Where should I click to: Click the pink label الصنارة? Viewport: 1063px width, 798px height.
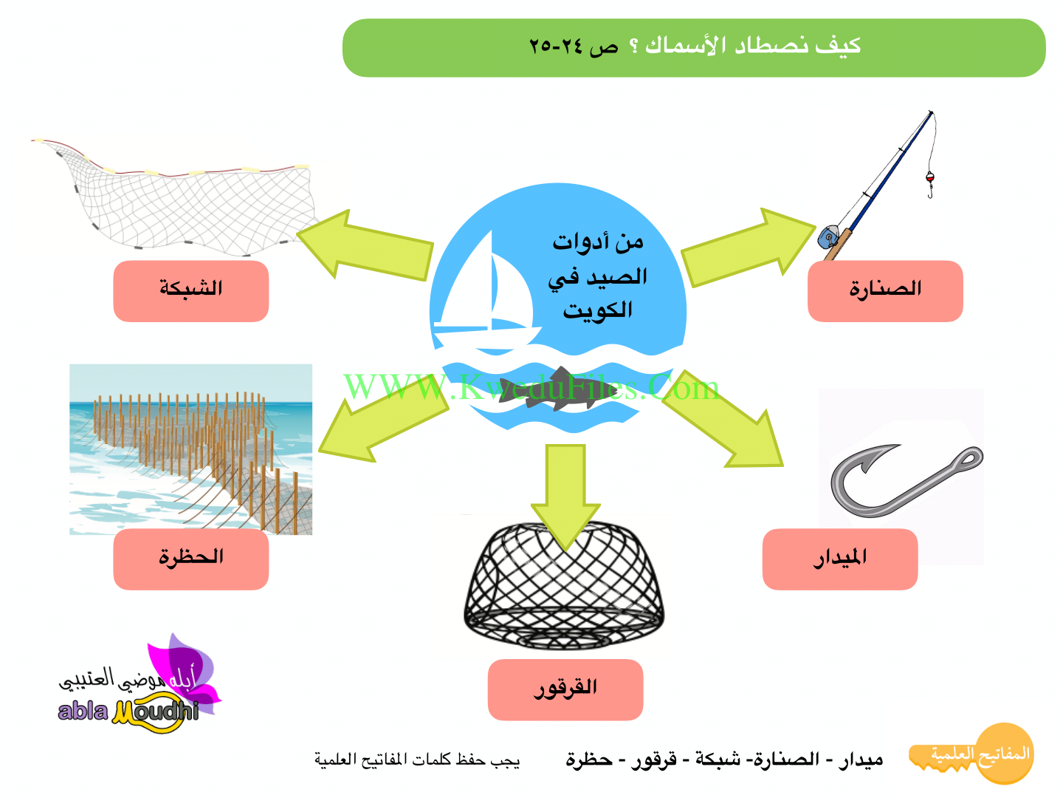point(885,291)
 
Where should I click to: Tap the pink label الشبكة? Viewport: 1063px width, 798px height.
point(190,291)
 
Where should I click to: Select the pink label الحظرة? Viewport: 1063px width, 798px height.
point(190,559)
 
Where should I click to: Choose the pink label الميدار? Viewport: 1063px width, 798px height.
point(840,559)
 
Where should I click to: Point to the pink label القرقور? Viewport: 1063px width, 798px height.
point(565,689)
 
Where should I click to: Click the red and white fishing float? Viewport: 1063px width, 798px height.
point(929,177)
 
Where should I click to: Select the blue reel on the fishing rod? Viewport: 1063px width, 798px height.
point(828,236)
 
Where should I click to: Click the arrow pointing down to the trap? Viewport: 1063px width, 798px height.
point(565,497)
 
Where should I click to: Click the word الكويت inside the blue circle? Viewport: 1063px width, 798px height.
point(598,310)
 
